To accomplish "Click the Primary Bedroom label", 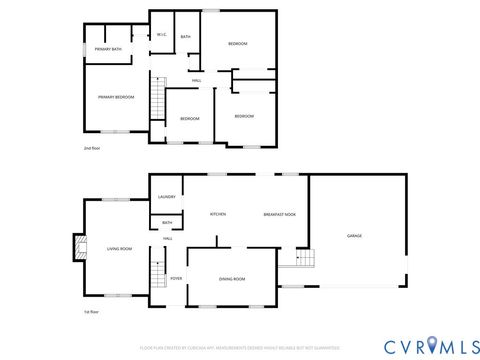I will [x=116, y=97].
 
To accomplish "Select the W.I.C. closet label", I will [x=161, y=37].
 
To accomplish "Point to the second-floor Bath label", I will [x=186, y=37].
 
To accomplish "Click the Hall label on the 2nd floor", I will [x=197, y=80].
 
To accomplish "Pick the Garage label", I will [x=354, y=236].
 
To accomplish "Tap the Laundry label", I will [x=166, y=197].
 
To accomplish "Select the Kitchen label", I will [x=217, y=214].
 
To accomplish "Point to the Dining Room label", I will [x=232, y=279].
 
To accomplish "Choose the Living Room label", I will [x=120, y=248].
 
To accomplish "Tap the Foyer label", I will [x=175, y=279].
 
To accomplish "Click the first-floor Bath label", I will [x=167, y=223].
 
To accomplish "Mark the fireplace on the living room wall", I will [x=77, y=248].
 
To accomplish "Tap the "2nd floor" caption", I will [x=92, y=148].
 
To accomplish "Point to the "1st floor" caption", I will [x=91, y=312].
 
